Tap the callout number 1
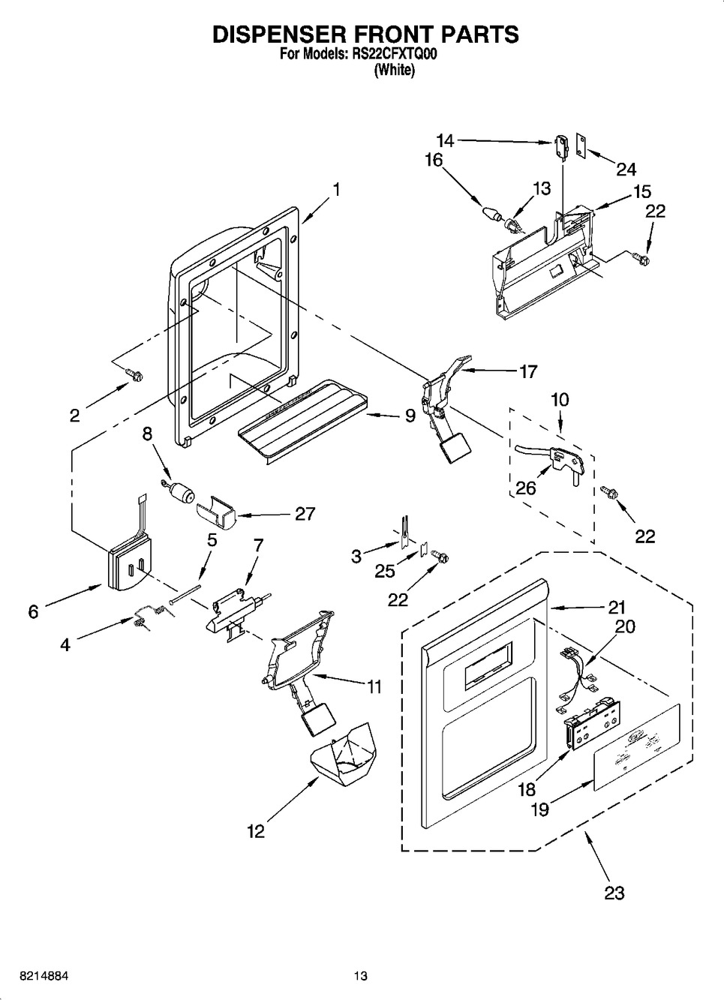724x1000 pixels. coord(337,190)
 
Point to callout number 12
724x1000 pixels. coord(257,831)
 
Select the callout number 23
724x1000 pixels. coord(614,893)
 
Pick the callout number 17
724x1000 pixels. coord(528,371)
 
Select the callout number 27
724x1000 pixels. coord(305,514)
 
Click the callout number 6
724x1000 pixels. coord(33,611)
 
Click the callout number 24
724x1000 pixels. coord(626,169)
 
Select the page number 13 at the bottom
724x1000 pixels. coord(361,976)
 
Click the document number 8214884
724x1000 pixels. coord(35,976)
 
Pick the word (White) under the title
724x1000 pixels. coord(394,71)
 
